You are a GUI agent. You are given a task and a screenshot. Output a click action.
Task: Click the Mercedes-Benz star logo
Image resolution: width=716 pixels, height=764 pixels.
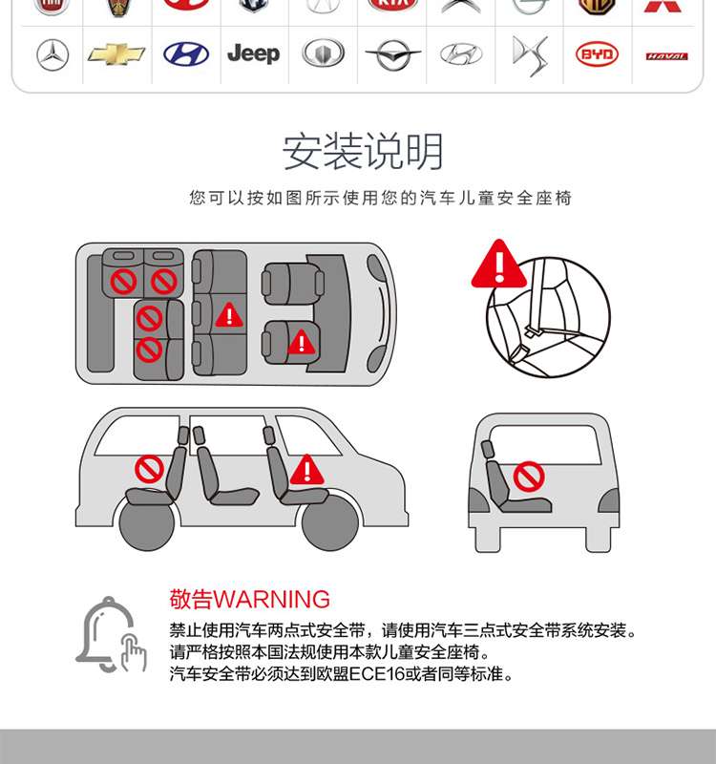[53, 55]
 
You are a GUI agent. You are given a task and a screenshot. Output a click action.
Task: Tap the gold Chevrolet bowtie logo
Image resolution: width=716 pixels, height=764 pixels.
[116, 54]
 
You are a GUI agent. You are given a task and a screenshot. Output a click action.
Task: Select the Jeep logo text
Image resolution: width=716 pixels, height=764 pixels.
[254, 53]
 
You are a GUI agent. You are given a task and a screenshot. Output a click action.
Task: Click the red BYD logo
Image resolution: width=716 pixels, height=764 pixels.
[598, 54]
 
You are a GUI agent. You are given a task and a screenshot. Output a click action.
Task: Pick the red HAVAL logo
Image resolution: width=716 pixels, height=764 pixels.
[666, 56]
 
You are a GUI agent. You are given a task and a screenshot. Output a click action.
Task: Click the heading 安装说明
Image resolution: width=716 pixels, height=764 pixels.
[363, 152]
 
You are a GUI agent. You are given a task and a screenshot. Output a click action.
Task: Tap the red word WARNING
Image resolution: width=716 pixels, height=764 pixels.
[272, 600]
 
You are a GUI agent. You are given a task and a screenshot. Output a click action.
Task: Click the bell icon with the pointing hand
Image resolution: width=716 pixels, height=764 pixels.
[112, 634]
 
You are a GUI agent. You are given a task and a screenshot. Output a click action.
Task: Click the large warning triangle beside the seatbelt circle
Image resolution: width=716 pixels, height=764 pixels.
[498, 264]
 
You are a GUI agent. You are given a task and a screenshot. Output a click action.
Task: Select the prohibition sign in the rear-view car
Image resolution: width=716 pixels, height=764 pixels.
[529, 476]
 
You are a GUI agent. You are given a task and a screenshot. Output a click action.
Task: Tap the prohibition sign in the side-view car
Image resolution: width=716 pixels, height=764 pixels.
[149, 469]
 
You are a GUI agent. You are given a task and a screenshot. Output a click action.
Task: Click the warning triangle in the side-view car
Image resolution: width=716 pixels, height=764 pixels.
[306, 470]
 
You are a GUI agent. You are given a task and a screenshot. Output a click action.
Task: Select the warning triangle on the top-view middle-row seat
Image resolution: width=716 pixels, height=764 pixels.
[229, 315]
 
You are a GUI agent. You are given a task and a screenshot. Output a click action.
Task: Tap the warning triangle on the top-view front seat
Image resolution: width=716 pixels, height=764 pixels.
[302, 342]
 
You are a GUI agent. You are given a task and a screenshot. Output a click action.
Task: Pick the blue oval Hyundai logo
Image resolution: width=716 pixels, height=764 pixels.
[186, 54]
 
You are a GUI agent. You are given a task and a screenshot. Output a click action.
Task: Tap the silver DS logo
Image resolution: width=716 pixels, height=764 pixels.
[530, 55]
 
